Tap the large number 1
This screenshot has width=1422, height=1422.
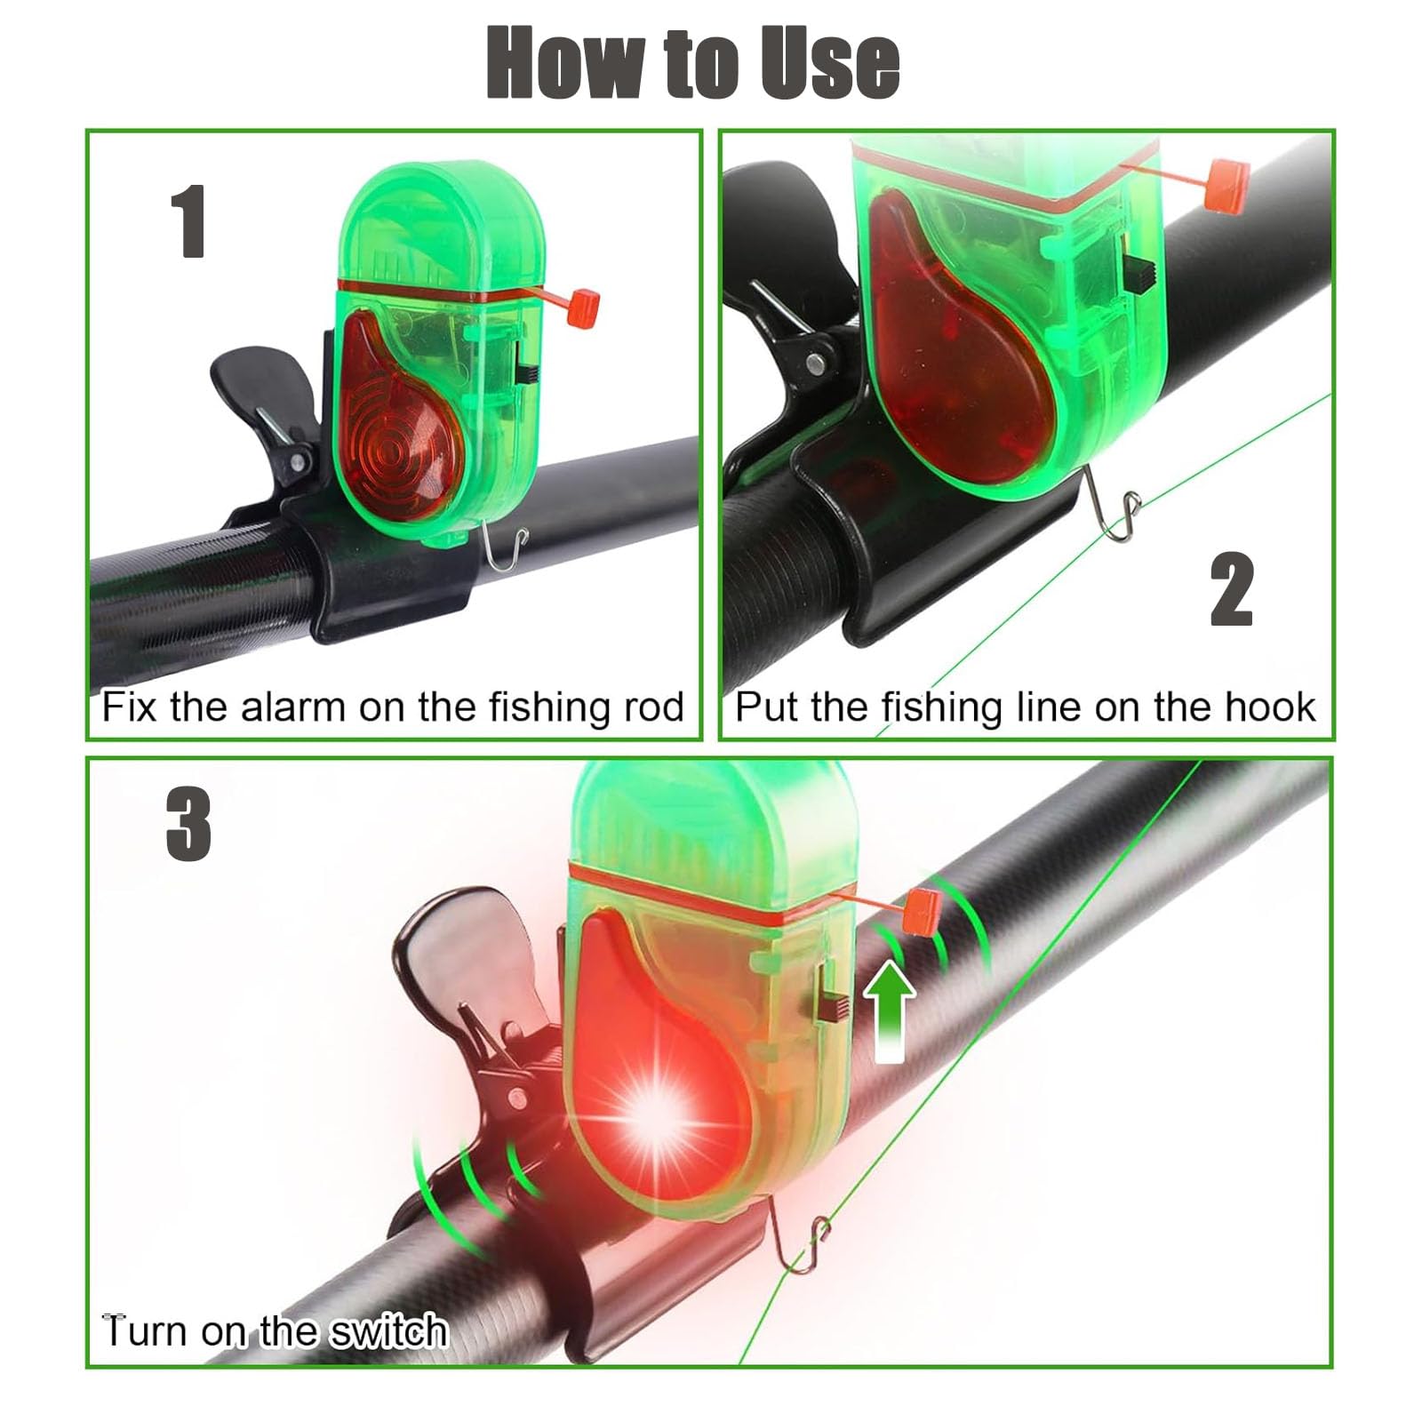(x=189, y=222)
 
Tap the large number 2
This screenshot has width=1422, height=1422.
(x=1232, y=589)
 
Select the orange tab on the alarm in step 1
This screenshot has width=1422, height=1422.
(x=584, y=307)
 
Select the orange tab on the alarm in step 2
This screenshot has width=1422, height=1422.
(x=1226, y=184)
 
